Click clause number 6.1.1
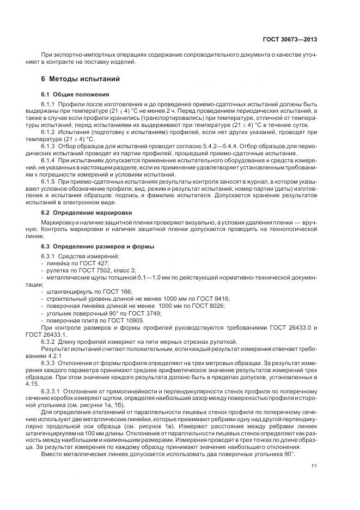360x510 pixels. click(49, 104)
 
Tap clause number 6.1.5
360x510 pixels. click(49, 180)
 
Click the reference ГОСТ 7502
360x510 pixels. click(83, 270)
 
